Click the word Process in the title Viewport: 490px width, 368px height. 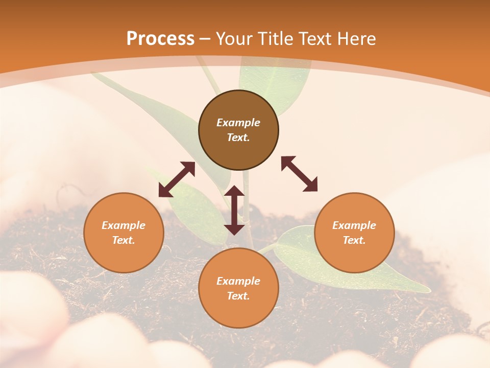pyautogui.click(x=160, y=38)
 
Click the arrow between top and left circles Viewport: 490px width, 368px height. pyautogui.click(x=177, y=179)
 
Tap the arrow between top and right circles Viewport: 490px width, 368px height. pyautogui.click(x=299, y=174)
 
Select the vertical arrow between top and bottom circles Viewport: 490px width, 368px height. pyautogui.click(x=234, y=210)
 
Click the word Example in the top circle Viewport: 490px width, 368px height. pyautogui.click(x=238, y=123)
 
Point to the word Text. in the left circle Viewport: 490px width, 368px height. pyautogui.click(x=124, y=240)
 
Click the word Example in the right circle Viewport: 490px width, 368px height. pyautogui.click(x=354, y=225)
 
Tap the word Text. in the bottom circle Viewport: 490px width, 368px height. pyautogui.click(x=238, y=296)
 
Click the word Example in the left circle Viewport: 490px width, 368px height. pyautogui.click(x=124, y=225)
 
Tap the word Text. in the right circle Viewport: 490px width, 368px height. pyautogui.click(x=354, y=240)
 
